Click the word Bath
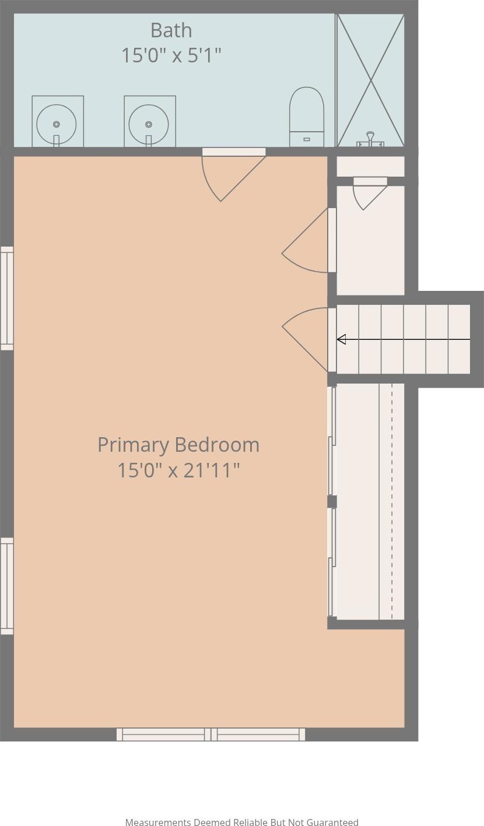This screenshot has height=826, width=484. coord(171,30)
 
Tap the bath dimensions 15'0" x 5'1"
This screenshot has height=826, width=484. coord(171,55)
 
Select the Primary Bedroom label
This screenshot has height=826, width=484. coord(178,445)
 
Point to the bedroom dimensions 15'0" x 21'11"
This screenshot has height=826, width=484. coord(178,470)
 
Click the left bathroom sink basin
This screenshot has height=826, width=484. coord(57,124)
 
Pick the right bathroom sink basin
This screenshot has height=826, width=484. coord(149,124)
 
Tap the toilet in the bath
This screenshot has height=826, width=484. coord(307,117)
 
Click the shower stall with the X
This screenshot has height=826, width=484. coord(370,80)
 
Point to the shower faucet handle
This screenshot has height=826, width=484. coord(370,139)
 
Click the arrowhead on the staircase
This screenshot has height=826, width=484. coord(341,339)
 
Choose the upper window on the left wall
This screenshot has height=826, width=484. coord(6,298)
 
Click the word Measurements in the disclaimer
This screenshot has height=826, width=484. coord(158,822)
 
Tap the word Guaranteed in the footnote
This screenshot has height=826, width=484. coord(332,822)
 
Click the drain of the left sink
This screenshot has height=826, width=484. coord(57,124)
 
